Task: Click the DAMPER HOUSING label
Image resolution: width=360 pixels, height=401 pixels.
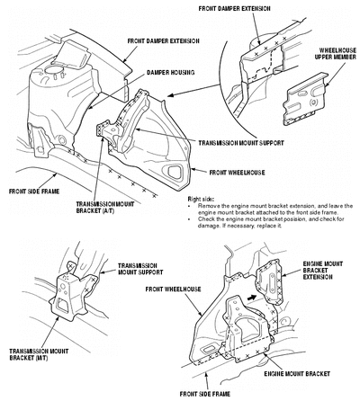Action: pyautogui.click(x=170, y=73)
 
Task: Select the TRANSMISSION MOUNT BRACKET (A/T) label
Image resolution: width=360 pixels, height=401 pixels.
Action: pyautogui.click(x=105, y=208)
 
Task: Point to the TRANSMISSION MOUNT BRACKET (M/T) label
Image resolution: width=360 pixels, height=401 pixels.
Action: pyautogui.click(x=39, y=354)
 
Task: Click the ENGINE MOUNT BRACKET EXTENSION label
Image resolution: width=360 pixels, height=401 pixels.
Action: pyautogui.click(x=322, y=271)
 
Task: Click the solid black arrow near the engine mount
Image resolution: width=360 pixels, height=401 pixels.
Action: pyautogui.click(x=252, y=297)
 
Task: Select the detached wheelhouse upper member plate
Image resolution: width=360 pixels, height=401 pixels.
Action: pyautogui.click(x=304, y=99)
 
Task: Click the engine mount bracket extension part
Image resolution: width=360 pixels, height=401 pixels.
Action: pyautogui.click(x=269, y=281)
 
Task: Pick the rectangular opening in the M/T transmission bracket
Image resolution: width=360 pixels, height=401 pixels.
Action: pyautogui.click(x=63, y=307)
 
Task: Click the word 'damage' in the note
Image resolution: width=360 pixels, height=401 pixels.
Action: pyautogui.click(x=207, y=226)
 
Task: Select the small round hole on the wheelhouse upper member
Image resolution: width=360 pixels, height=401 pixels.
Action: pyautogui.click(x=313, y=102)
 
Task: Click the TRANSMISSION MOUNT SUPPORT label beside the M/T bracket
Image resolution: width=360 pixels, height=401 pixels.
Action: pyautogui.click(x=140, y=269)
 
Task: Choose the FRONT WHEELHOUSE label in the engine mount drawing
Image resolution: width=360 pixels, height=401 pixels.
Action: pyautogui.click(x=173, y=290)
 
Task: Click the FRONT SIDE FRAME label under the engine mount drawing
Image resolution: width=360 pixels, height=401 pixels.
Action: pyautogui.click(x=205, y=394)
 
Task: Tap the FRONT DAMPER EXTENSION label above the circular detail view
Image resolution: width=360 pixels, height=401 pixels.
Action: pyautogui.click(x=234, y=8)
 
